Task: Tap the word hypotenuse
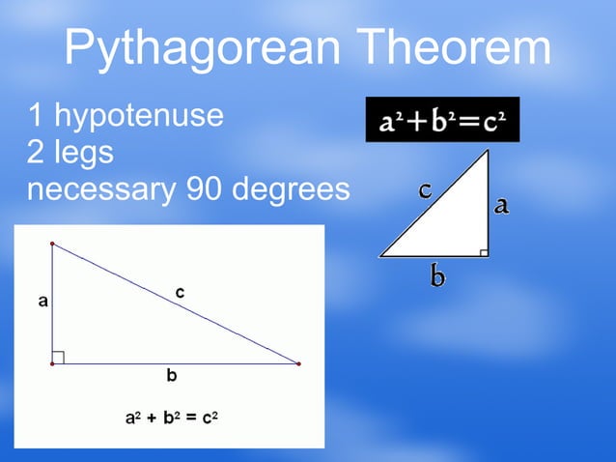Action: click(x=140, y=118)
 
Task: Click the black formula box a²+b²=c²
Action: click(x=442, y=120)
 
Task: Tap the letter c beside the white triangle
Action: click(x=425, y=190)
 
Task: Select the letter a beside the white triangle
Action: click(x=501, y=205)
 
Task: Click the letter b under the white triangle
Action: click(x=437, y=277)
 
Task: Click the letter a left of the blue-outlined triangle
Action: click(x=42, y=302)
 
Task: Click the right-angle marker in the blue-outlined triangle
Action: click(x=58, y=358)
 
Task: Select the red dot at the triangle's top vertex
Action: click(x=52, y=244)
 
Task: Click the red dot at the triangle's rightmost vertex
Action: click(x=298, y=363)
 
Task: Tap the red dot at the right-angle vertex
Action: click(x=52, y=363)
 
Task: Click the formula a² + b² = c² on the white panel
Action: click(x=178, y=418)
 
